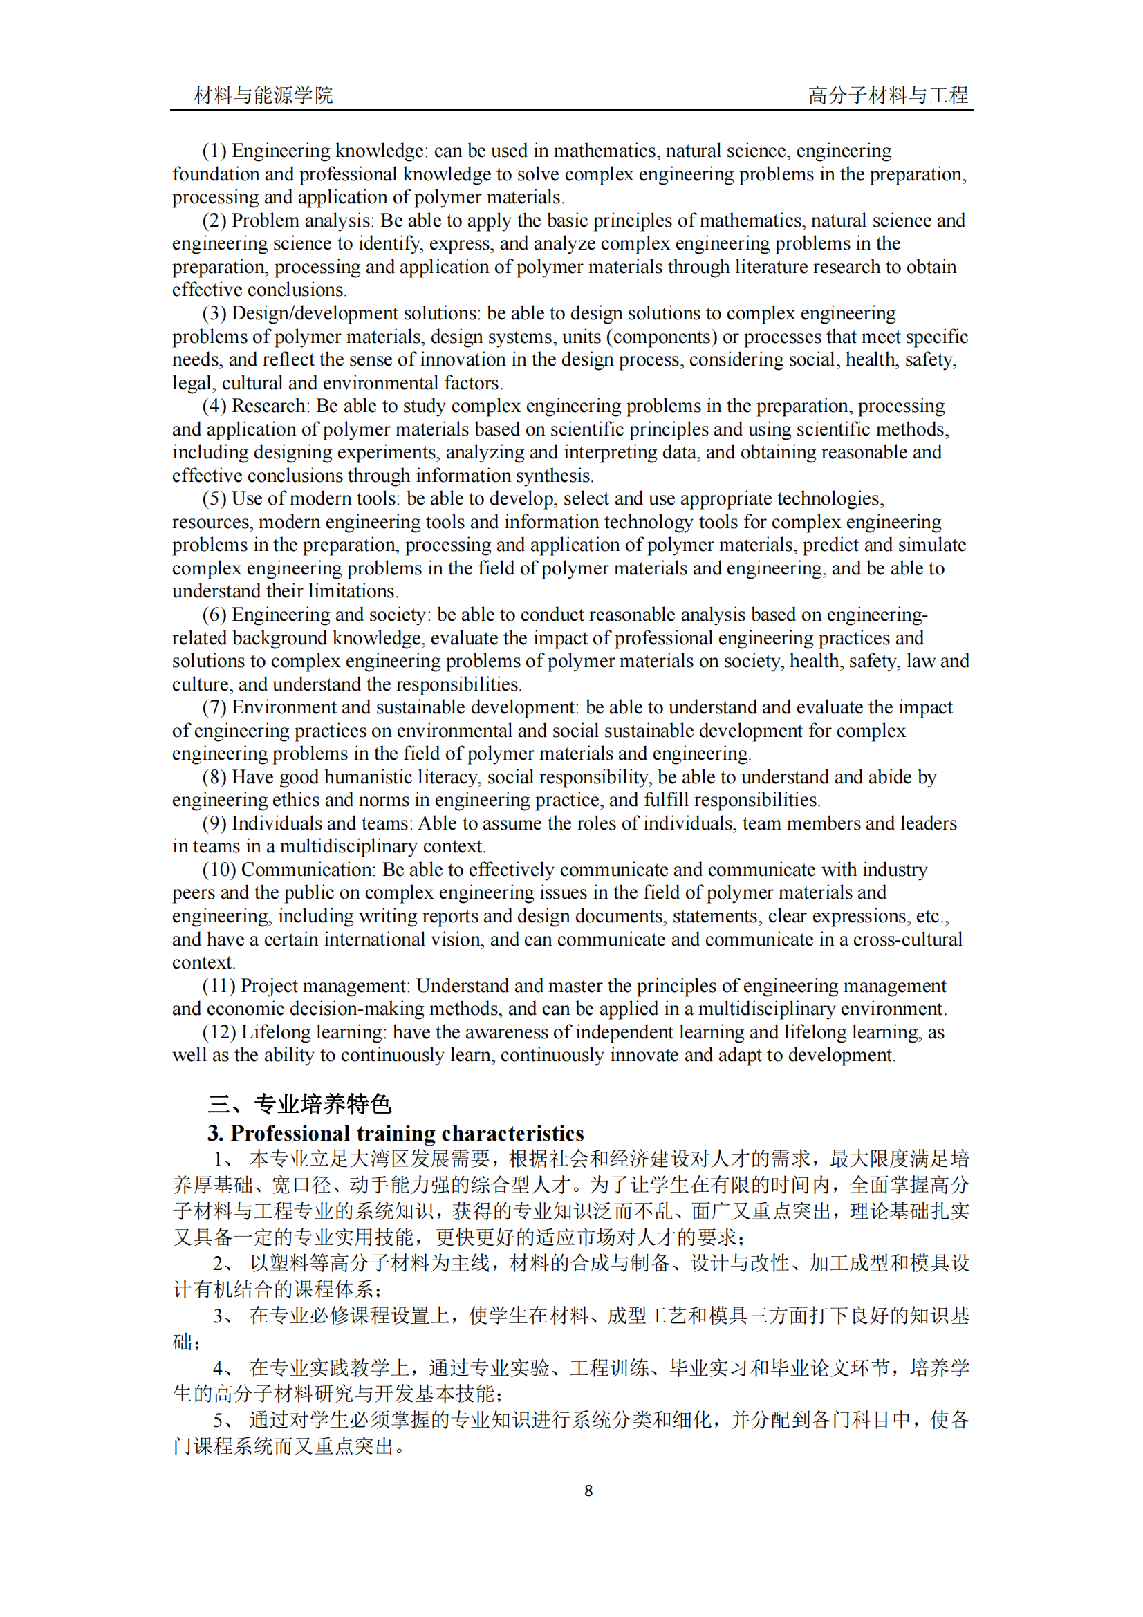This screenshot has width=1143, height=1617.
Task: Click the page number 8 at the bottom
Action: [x=588, y=1490]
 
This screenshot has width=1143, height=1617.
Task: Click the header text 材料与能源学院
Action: [x=263, y=95]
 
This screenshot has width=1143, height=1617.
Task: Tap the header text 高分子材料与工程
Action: [x=888, y=95]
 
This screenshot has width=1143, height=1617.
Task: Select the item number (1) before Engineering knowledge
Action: [x=214, y=151]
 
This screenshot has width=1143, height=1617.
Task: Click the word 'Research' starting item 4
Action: [x=269, y=406]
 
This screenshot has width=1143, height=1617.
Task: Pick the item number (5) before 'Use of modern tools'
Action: [x=214, y=498]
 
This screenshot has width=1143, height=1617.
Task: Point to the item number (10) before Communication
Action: [x=219, y=870]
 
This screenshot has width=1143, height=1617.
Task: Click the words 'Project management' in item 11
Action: [x=325, y=985]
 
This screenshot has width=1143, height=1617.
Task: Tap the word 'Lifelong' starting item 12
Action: [x=279, y=1031]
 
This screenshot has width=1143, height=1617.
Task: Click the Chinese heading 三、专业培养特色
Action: [x=299, y=1103]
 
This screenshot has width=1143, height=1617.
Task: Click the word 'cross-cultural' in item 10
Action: [x=907, y=940]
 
